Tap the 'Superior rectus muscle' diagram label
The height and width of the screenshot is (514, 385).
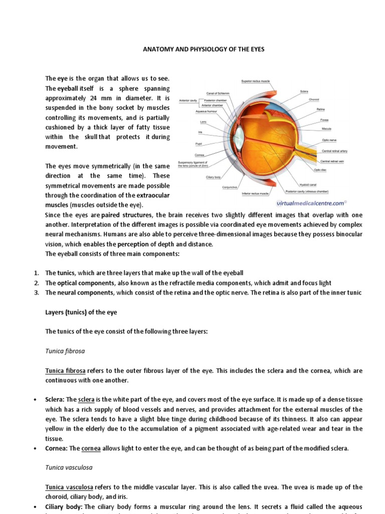256,81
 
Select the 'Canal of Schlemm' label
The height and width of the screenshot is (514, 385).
217,93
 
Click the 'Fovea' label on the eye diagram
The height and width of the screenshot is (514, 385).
324,120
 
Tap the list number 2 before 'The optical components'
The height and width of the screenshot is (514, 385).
37,283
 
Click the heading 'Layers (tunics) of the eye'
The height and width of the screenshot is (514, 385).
81,312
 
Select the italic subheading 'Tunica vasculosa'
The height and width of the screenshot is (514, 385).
69,467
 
